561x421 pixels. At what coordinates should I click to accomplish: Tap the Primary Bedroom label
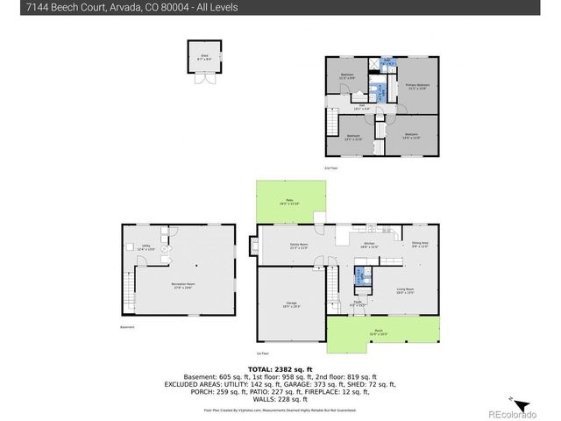click(416, 87)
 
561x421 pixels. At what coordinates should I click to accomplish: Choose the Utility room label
click(146, 248)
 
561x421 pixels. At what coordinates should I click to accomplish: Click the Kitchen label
click(369, 246)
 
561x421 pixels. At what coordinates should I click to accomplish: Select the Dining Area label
click(419, 245)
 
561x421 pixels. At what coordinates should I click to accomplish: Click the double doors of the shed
click(204, 78)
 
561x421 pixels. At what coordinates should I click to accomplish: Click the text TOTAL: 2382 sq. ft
click(280, 370)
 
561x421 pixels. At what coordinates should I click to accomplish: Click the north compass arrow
click(522, 404)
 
